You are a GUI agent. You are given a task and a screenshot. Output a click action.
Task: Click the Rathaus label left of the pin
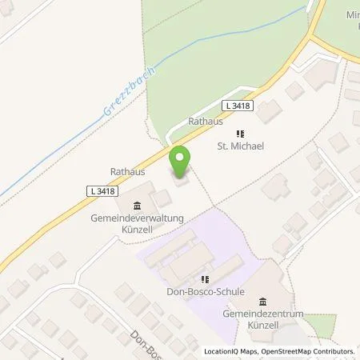click(126, 170)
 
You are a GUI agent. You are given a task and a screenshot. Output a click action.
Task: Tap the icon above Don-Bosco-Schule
click(204, 279)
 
